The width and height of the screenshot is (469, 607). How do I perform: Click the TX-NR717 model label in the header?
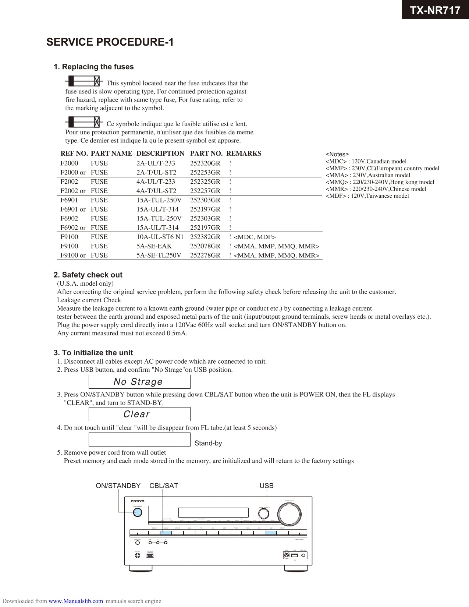click(435, 10)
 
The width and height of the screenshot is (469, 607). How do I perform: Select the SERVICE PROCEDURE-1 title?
click(110, 42)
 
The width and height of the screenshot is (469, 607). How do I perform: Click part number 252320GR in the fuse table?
click(205, 163)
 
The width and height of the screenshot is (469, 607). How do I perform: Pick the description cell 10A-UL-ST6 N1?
click(160, 237)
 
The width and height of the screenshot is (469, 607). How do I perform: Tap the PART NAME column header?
click(111, 153)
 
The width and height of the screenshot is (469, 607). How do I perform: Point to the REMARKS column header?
click(244, 153)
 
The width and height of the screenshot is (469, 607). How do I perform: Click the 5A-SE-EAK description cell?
click(154, 246)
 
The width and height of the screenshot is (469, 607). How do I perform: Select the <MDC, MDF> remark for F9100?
click(255, 237)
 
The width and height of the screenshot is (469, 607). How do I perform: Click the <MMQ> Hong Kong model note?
click(380, 182)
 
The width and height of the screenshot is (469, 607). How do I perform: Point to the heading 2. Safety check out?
click(88, 275)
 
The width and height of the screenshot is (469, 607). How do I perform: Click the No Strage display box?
click(139, 382)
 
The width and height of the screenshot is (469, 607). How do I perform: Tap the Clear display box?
click(139, 414)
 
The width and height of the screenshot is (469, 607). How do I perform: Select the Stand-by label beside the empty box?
click(208, 443)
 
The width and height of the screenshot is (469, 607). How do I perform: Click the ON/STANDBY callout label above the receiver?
click(118, 486)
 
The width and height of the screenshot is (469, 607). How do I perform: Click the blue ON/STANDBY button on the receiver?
click(138, 512)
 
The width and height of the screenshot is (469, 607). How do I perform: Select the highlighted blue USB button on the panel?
click(271, 533)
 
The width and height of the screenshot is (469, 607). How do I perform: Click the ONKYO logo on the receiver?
click(138, 501)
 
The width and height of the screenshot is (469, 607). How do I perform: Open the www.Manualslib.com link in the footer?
click(76, 601)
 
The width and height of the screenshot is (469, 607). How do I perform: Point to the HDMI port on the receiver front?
click(150, 555)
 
